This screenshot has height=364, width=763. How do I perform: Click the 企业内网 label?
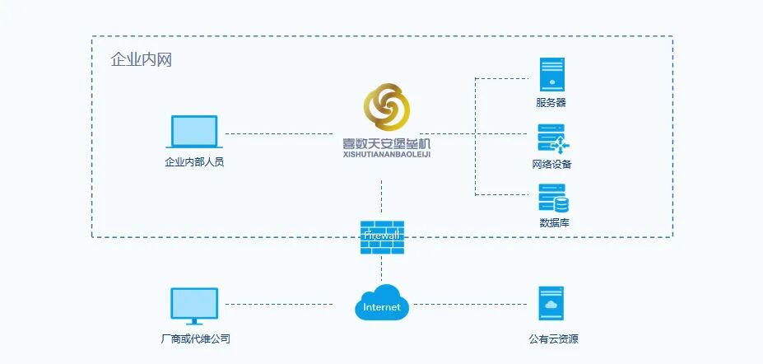(x=141, y=59)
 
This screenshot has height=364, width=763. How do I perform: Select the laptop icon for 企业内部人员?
(x=194, y=132)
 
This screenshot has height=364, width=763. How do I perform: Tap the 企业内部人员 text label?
(x=194, y=161)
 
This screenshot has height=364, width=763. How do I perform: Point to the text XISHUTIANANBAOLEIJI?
(x=386, y=153)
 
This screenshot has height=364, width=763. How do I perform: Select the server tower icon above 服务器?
(x=551, y=73)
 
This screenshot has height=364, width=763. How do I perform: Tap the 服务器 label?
(x=551, y=103)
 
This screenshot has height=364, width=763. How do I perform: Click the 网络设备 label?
(x=551, y=164)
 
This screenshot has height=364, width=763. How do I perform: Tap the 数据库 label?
(x=554, y=222)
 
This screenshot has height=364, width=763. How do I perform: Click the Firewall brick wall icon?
(x=382, y=236)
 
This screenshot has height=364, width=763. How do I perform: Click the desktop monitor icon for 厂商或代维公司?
(x=194, y=306)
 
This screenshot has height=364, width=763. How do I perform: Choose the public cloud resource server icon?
(x=551, y=304)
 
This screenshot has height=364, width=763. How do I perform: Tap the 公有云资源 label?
(x=553, y=338)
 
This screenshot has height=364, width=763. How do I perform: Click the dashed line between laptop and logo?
(x=280, y=133)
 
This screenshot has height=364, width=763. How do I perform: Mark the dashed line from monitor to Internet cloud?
(x=280, y=304)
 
